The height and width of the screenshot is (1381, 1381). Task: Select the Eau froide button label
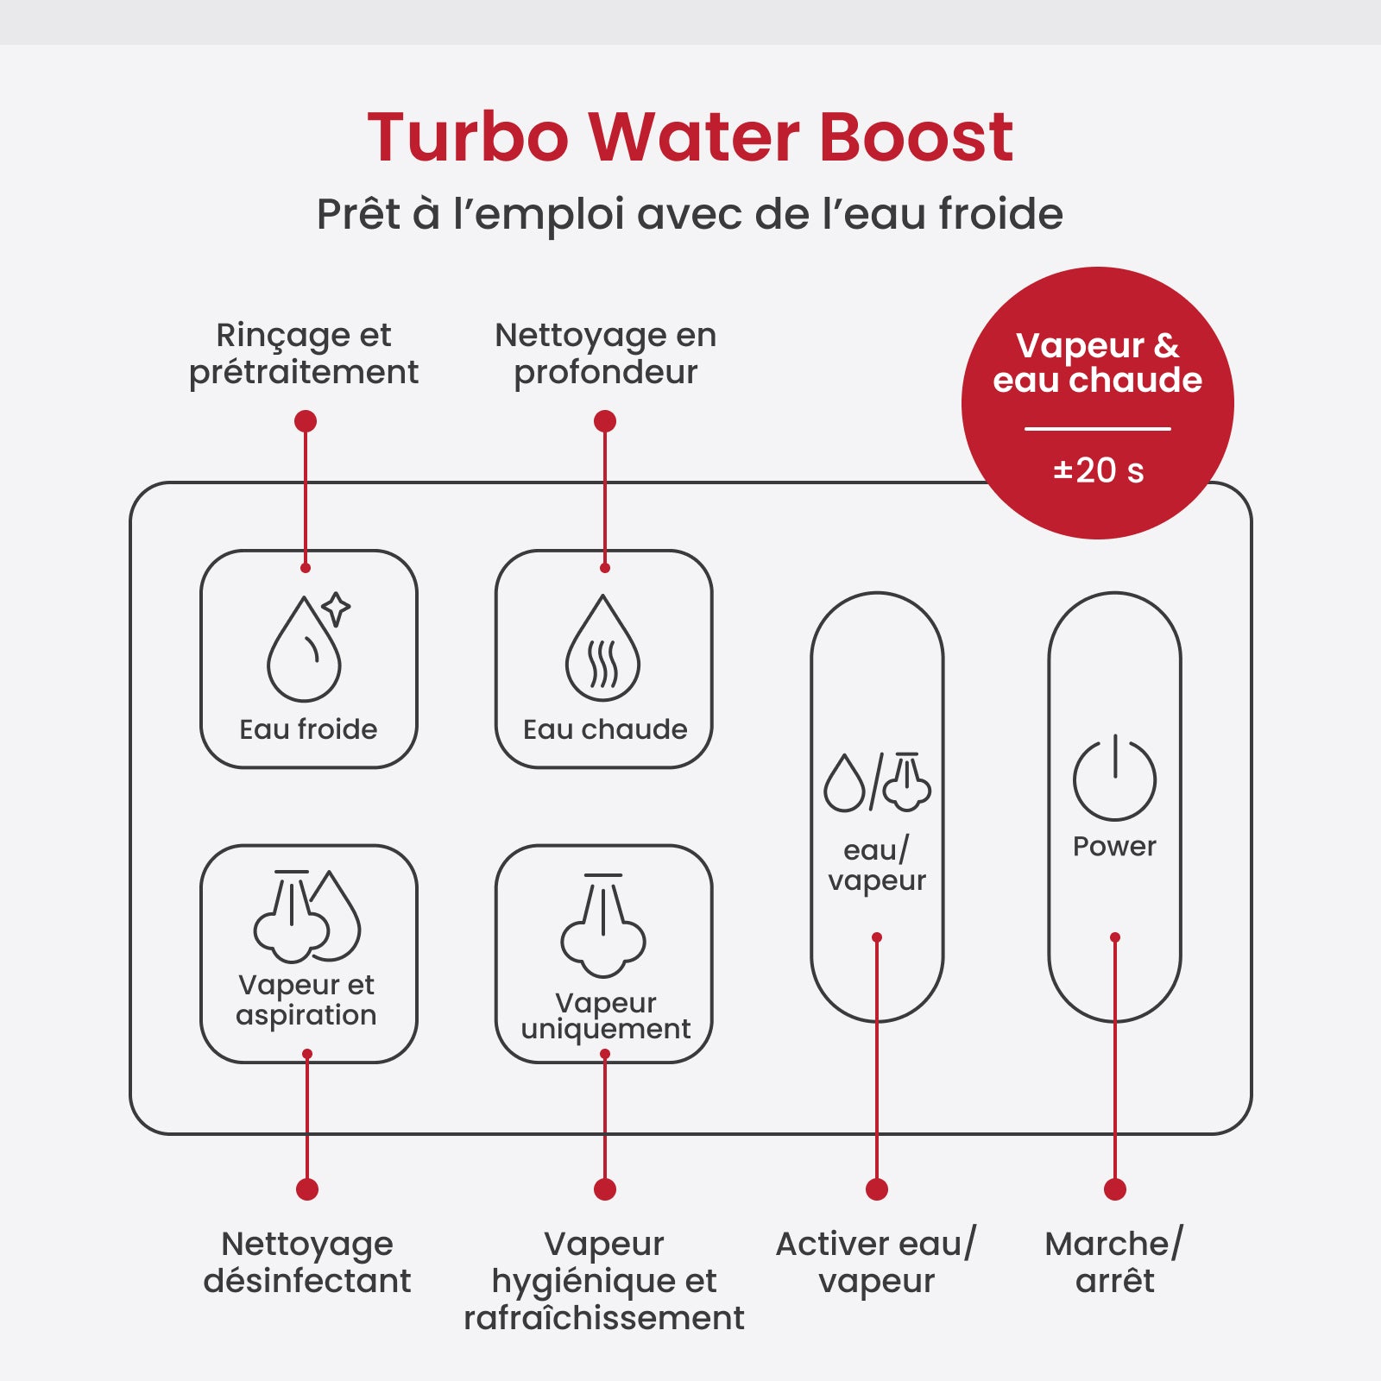point(308,729)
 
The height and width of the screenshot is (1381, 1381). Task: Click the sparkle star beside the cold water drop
point(336,609)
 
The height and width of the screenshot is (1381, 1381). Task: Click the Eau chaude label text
point(605,729)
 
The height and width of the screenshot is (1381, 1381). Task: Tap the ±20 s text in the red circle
point(1098,470)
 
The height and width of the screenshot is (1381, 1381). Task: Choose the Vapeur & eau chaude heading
point(1098,363)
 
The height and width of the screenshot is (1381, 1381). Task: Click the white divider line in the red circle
point(1098,428)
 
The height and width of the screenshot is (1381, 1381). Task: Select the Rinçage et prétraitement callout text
point(304,354)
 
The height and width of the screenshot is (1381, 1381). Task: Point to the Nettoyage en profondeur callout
point(605,354)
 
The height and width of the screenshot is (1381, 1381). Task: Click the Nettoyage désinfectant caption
point(307,1262)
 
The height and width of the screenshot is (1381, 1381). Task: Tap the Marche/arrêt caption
point(1114,1262)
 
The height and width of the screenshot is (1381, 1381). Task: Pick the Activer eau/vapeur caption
point(876,1262)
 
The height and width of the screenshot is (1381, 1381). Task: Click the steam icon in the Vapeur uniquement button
point(603,925)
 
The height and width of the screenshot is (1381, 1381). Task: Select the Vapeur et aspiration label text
point(306,999)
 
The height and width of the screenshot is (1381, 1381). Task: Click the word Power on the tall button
point(1114,846)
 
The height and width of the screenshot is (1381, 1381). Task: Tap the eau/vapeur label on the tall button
point(877,865)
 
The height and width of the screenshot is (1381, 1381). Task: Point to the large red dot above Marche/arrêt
point(1115,1189)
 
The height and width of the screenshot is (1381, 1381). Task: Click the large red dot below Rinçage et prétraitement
point(306,421)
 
